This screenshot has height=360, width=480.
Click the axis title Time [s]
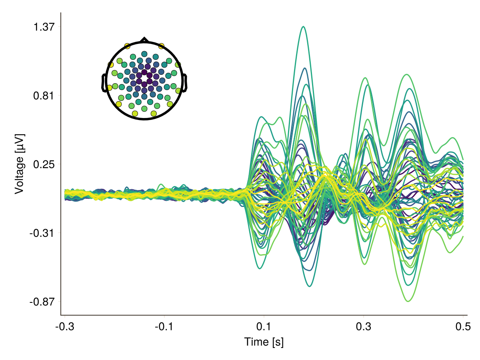pos(264,342)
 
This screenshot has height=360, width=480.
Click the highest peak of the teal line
pos(304,27)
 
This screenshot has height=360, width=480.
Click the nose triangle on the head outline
pos(144,40)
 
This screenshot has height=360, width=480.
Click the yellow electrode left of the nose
pos(127,46)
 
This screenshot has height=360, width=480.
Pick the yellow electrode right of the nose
pos(162,46)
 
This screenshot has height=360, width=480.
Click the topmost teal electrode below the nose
pos(144,54)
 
